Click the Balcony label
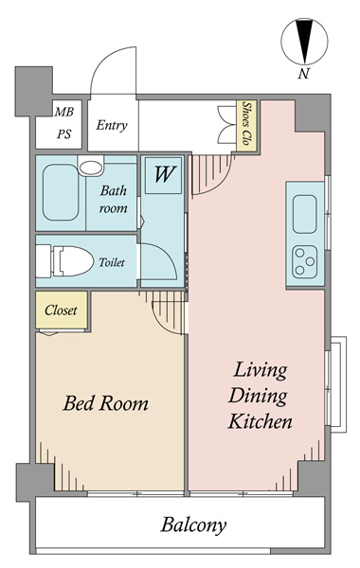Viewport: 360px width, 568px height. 193,525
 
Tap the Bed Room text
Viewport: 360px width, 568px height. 105,403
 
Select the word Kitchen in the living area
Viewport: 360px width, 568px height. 260,421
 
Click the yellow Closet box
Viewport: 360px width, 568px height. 62,311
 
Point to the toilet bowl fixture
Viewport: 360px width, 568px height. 73,261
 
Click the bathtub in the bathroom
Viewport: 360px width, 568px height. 61,192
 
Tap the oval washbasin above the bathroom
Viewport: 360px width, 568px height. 91,168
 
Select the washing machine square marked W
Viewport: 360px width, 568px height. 164,175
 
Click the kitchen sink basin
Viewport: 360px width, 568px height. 304,214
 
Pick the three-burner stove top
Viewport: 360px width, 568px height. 304,262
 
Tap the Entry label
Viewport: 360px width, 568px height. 112,125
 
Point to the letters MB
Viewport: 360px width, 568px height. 63,112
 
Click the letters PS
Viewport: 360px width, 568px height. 63,134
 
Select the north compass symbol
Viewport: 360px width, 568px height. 304,42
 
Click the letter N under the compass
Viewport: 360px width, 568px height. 303,74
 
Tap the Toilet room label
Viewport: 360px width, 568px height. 112,262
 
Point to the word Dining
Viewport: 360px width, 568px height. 258,397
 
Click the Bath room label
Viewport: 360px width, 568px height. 114,199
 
